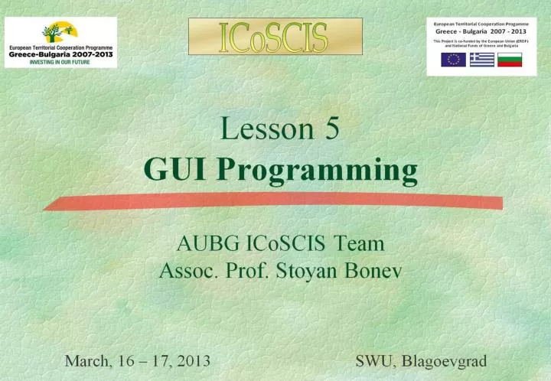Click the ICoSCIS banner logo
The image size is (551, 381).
coord(275,37)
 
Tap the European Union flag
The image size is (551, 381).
coord(453,60)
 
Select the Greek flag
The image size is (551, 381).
coord(481,60)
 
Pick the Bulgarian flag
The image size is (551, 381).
coord(510,60)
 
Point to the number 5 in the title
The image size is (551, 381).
coord(331,129)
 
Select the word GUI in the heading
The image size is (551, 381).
coord(168,169)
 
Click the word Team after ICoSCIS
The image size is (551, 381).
coord(359,245)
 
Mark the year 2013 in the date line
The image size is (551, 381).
coord(191,360)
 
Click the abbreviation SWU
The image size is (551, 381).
coord(373,360)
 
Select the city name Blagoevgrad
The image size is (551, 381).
coord(444,361)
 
